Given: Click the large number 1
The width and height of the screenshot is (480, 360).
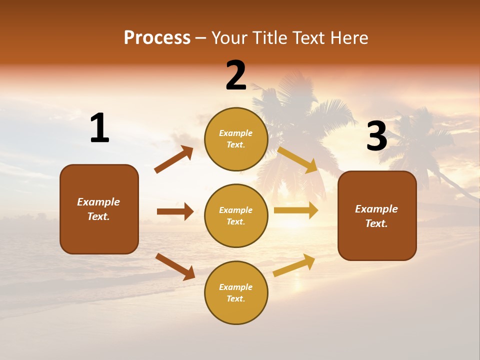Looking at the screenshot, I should point(99,128).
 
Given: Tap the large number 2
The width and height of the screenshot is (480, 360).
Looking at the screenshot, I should point(236,75).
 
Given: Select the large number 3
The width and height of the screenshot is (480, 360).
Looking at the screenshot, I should point(376,136).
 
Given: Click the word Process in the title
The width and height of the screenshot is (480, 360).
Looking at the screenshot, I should point(157,37).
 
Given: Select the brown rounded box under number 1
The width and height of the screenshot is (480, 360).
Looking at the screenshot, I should point(99,209).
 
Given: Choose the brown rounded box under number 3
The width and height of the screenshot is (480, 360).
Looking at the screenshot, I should point(377,215).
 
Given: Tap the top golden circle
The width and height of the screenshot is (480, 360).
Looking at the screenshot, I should point(236,139).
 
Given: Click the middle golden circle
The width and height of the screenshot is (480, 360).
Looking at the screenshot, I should point(236,215).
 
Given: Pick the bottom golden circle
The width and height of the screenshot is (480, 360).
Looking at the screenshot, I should point(236,292).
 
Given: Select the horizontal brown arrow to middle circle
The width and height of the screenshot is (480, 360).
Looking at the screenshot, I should point(175,211).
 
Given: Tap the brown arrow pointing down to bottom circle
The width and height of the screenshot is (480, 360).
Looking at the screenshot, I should point(175,266).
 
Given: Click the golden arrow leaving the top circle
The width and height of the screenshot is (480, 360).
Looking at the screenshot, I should point(298,160).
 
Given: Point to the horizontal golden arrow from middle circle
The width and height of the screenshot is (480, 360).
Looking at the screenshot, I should point(296,210).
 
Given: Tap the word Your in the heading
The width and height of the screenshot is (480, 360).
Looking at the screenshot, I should point(229,37).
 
